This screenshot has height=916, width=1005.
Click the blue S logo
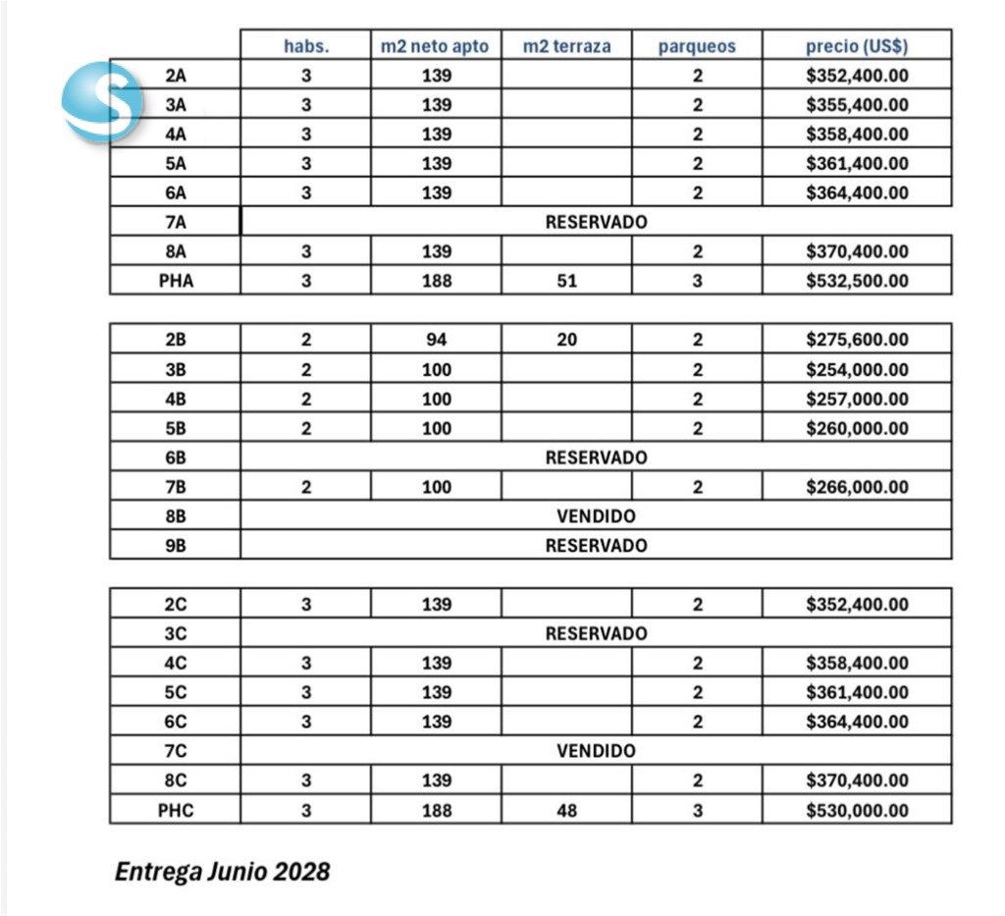pyautogui.click(x=102, y=99)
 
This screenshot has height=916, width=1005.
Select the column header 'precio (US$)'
pyautogui.click(x=857, y=46)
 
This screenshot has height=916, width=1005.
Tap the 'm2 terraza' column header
pyautogui.click(x=566, y=46)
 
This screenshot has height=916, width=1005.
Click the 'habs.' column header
pyautogui.click(x=306, y=46)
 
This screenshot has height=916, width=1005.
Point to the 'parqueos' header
pyautogui.click(x=697, y=46)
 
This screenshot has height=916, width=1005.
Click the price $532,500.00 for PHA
pyautogui.click(x=857, y=281)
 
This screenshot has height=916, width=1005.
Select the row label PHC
pyautogui.click(x=176, y=810)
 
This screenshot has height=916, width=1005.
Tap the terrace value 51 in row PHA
pyautogui.click(x=566, y=281)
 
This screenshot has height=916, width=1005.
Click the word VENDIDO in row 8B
pyautogui.click(x=596, y=515)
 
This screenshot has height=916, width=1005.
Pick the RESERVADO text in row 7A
pyautogui.click(x=596, y=222)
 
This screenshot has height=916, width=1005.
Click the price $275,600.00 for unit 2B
pyautogui.click(x=857, y=340)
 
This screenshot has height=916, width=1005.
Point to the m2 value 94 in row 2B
pyautogui.click(x=437, y=340)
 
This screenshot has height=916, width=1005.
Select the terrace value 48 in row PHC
pyautogui.click(x=566, y=810)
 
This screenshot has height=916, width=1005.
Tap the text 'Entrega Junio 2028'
pyautogui.click(x=222, y=871)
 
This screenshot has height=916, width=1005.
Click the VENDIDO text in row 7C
pyautogui.click(x=596, y=751)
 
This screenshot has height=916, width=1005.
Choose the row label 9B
pyautogui.click(x=176, y=545)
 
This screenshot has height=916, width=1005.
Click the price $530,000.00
pyautogui.click(x=857, y=810)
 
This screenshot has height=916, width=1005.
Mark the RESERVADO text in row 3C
pyautogui.click(x=596, y=633)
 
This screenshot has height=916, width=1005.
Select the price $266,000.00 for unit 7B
pyautogui.click(x=857, y=487)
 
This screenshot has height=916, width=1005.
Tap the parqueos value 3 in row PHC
pyautogui.click(x=697, y=810)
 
